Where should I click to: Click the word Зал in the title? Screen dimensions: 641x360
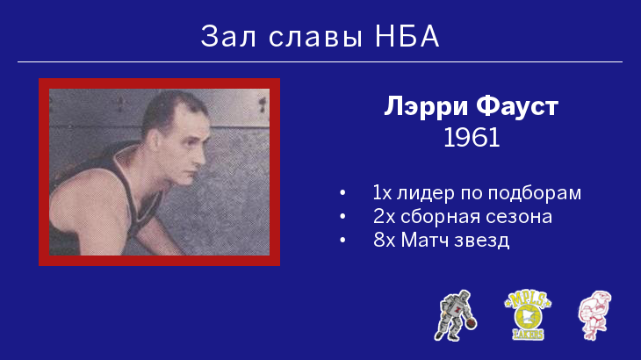(228, 36)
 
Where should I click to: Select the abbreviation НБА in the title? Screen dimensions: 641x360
(407, 36)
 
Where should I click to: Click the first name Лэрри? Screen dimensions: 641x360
(426, 107)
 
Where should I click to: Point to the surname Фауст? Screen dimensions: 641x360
(517, 106)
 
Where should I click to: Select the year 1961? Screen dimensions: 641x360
(472, 138)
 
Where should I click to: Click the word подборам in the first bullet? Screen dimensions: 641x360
(534, 193)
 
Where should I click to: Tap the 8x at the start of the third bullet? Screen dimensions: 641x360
(385, 240)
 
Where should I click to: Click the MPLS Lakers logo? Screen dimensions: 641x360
(528, 315)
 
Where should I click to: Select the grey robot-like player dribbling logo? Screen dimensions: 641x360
(455, 315)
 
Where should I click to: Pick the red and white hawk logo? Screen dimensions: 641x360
(595, 315)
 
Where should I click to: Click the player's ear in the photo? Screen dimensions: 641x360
(155, 140)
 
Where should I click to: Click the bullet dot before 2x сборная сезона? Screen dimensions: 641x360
(342, 216)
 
